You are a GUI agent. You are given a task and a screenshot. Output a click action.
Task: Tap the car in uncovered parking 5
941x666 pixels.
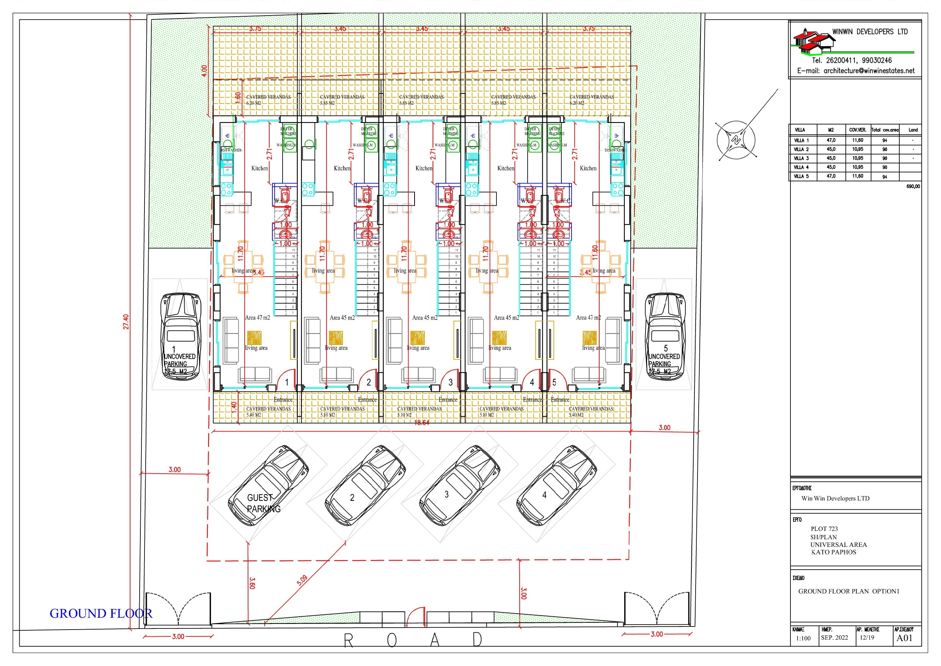[x=665, y=336]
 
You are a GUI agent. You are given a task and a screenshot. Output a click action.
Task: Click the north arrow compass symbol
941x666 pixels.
[x=736, y=140]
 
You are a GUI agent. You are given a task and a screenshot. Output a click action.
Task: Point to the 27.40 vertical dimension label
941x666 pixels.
[x=126, y=322]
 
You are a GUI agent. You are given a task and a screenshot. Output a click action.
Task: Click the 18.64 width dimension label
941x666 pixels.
[x=422, y=423]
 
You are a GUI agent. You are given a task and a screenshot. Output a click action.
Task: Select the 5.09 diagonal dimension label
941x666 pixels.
[x=302, y=580]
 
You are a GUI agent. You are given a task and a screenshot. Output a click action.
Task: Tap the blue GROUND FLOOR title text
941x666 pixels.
[x=101, y=614]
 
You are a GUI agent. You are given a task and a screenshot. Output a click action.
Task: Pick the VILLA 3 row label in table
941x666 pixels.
[x=801, y=158]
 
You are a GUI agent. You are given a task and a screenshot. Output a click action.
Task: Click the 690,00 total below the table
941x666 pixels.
[x=913, y=186]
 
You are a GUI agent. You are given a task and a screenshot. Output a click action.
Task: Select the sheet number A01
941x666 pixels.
[x=904, y=638]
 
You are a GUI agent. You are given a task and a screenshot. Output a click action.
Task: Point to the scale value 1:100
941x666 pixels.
[x=803, y=639]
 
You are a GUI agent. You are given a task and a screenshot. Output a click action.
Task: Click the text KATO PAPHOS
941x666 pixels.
[x=833, y=553]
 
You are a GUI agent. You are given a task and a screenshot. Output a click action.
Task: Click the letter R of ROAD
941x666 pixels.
[x=348, y=640]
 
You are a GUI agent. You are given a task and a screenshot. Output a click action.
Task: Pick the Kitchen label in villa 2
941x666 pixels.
[x=342, y=168]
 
